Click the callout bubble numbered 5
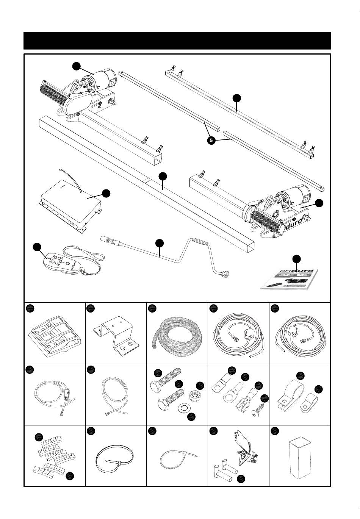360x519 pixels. tap(211, 140)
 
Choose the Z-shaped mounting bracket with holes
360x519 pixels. tap(116, 334)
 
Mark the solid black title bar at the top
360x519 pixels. tap(177, 41)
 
